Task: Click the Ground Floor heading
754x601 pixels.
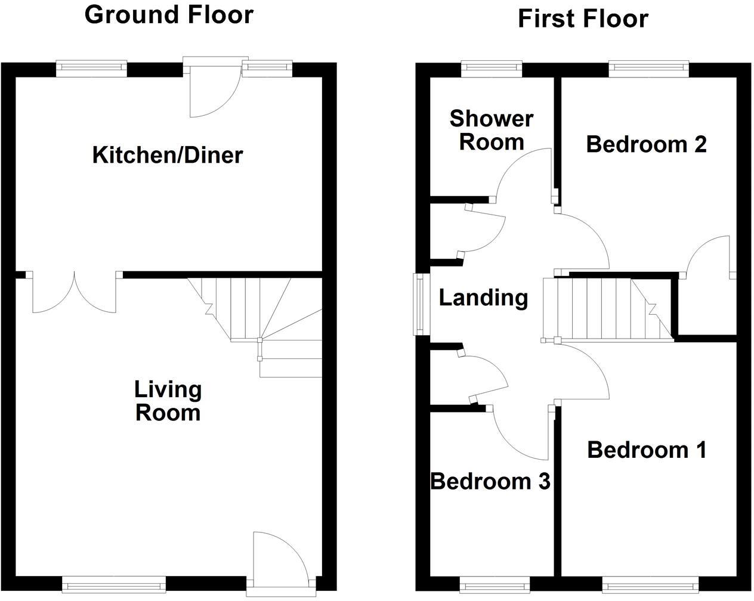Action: point(169,14)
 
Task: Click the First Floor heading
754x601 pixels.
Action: point(582,18)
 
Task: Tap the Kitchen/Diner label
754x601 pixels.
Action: point(168,155)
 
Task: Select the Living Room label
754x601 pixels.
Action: point(168,401)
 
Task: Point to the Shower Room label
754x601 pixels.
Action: point(492,130)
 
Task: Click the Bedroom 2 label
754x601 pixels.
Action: point(646,144)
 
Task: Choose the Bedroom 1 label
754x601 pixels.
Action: point(647,450)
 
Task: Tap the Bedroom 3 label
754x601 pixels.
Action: point(490,481)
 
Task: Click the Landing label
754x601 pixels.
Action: point(483,297)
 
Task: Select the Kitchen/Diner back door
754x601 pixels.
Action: point(213,89)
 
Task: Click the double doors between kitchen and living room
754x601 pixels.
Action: point(75,292)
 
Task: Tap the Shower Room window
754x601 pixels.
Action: point(492,69)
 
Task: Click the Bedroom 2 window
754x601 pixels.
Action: point(648,69)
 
